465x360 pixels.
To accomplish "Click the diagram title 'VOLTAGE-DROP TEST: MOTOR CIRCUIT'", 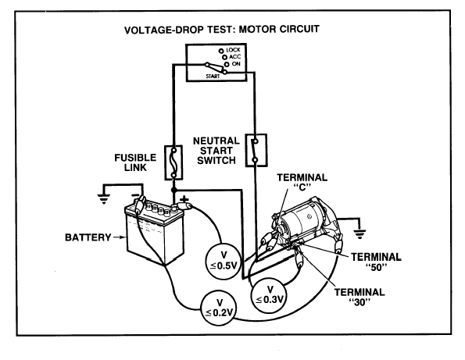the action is [222, 30].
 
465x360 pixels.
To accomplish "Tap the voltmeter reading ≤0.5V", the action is [224, 261].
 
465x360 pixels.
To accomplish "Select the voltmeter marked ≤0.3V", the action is [270, 295].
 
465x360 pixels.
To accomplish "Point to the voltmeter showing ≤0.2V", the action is [219, 308].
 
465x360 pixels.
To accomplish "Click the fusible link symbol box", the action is [173, 162].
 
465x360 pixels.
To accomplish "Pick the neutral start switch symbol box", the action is [256, 150].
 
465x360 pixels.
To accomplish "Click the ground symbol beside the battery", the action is [104, 199].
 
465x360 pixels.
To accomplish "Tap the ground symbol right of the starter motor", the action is [359, 233].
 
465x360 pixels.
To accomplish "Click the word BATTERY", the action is [88, 237].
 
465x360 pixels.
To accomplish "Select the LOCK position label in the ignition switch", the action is [233, 50].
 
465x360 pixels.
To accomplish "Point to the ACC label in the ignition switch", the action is [235, 56].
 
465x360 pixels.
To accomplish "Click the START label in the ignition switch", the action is [213, 77].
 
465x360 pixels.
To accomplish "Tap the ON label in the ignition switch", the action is [236, 64].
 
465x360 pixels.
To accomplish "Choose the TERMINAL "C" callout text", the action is [302, 182].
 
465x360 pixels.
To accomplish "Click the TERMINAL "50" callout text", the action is [376, 262].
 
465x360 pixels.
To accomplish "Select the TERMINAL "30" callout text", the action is [359, 297].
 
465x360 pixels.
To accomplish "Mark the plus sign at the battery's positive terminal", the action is [184, 198].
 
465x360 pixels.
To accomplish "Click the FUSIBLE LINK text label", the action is [135, 162].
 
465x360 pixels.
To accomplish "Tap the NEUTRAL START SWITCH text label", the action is [216, 151].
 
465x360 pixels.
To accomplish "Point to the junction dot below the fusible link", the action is [173, 190].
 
